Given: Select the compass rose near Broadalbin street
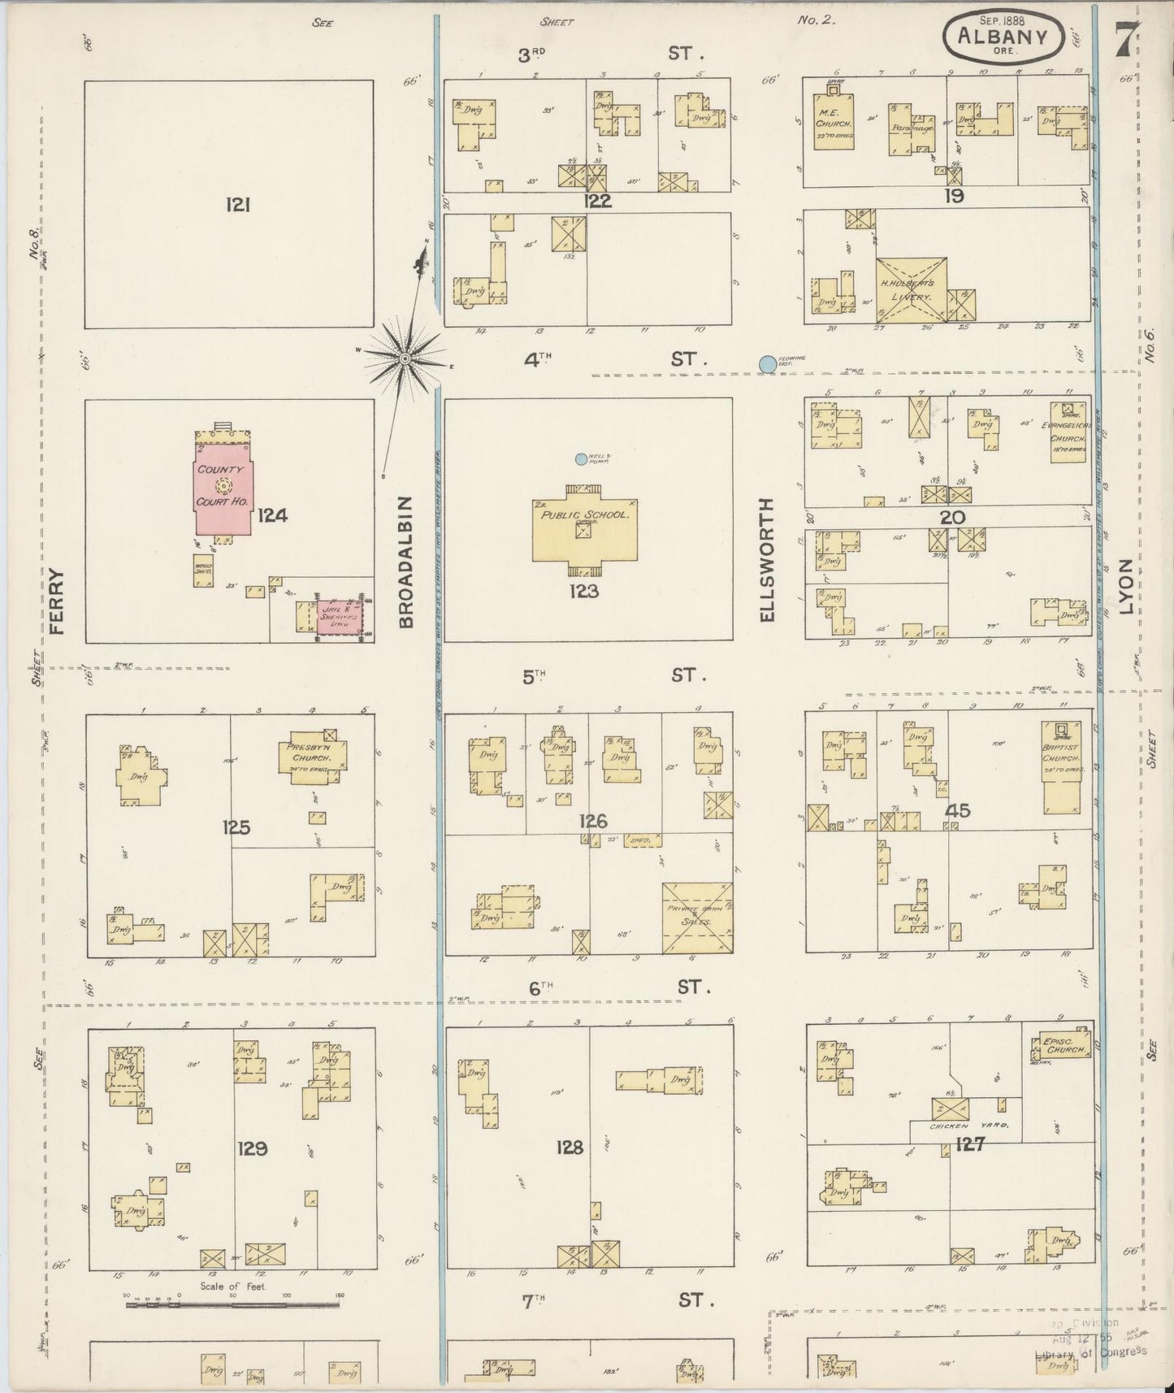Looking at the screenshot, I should (404, 358).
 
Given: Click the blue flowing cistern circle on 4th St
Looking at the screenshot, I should (766, 364).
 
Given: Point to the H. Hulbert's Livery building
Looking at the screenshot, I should (912, 291).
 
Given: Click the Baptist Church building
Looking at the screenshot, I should (1064, 768).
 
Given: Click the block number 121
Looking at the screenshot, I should (237, 206).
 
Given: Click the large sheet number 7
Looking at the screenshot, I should (1126, 37).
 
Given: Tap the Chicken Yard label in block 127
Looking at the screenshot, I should (964, 1126).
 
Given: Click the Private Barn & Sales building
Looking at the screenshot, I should (698, 918).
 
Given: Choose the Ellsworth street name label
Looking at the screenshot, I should (767, 560).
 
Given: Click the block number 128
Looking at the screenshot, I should (570, 1148).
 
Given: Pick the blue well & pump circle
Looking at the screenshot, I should (581, 459).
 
